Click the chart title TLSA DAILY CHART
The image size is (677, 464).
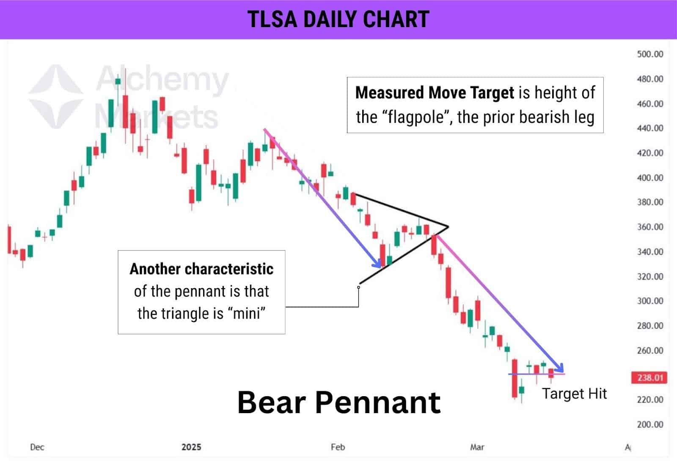[338, 19]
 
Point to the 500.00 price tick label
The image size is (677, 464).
[650, 54]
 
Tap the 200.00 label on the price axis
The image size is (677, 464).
[650, 424]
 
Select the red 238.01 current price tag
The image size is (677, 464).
[649, 378]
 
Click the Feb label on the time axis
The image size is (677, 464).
[338, 447]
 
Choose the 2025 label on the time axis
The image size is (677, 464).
[191, 447]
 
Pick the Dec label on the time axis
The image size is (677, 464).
[37, 447]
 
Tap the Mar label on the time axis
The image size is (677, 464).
[477, 447]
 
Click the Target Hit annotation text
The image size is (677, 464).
[574, 394]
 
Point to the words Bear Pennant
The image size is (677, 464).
[339, 402]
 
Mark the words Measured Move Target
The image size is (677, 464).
[435, 92]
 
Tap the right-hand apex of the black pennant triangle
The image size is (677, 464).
[448, 227]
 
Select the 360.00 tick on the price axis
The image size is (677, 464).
[650, 227]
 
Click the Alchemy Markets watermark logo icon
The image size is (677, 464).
[56, 96]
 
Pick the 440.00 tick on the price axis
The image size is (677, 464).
[650, 128]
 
